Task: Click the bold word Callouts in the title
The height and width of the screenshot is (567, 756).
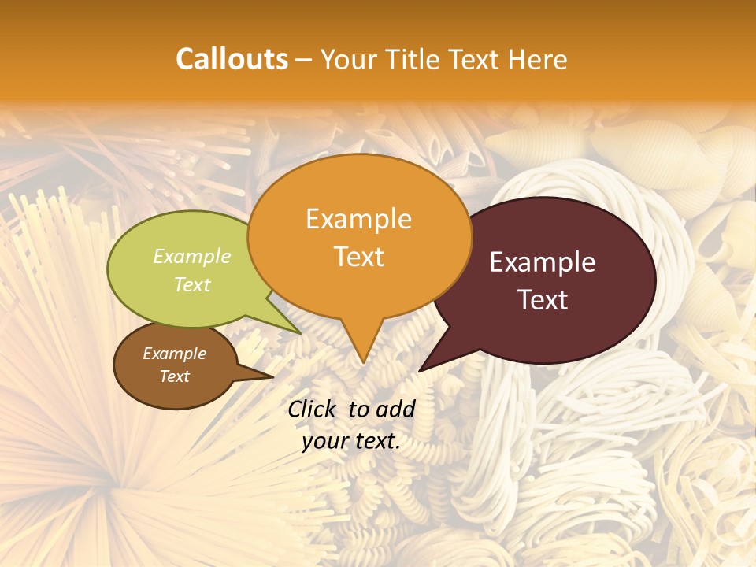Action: click(232, 59)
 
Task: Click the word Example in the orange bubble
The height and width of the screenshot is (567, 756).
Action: click(358, 219)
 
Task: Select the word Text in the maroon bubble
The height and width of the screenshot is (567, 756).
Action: click(543, 300)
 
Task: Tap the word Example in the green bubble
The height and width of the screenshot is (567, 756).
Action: click(192, 257)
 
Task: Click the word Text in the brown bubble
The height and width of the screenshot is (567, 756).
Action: click(175, 376)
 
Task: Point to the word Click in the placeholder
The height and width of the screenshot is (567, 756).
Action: click(313, 409)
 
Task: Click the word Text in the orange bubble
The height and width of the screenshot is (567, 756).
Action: click(359, 257)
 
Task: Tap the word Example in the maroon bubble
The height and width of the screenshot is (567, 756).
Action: click(543, 263)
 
